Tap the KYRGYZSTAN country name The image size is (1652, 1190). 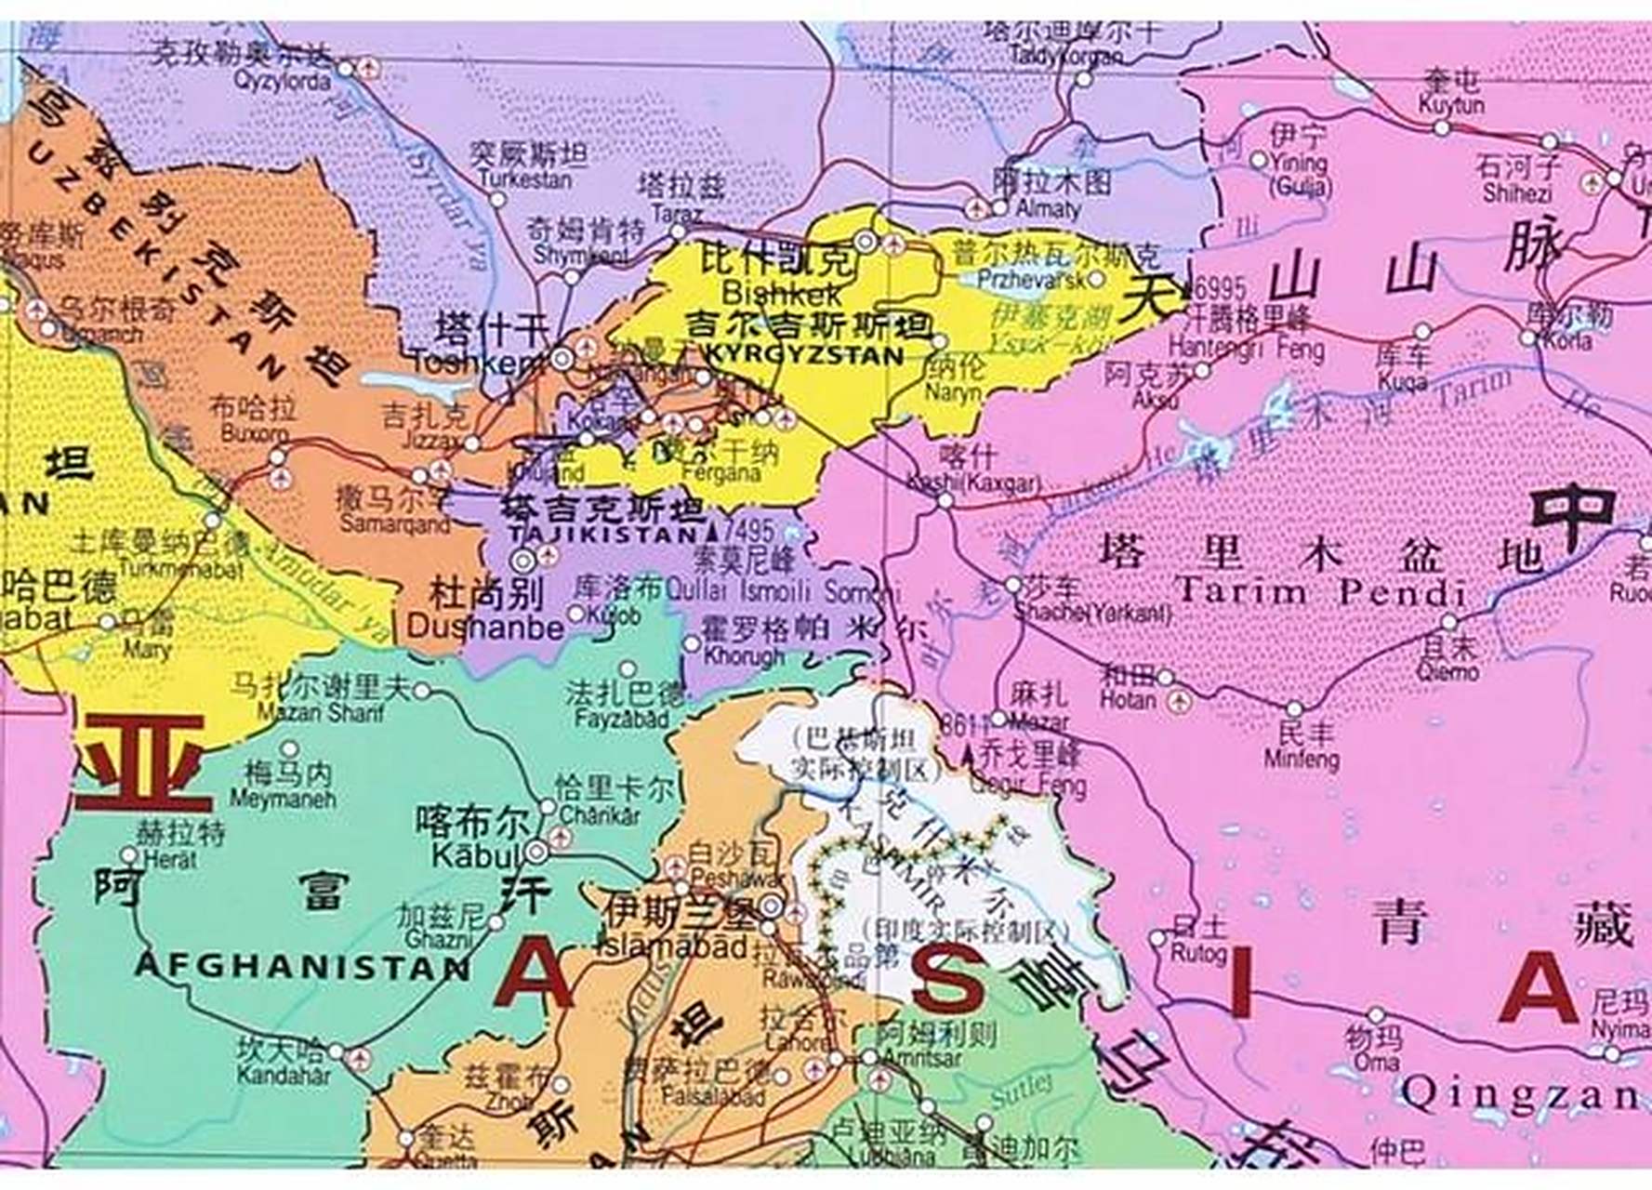click(x=804, y=354)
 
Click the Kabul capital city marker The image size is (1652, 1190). click(x=536, y=851)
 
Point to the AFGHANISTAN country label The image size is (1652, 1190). click(x=302, y=967)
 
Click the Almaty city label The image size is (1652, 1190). click(x=1049, y=209)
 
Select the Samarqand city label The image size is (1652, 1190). click(x=394, y=524)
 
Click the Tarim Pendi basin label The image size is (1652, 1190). click(x=1320, y=592)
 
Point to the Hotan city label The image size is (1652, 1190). click(x=1127, y=699)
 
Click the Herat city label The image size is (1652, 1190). click(x=169, y=859)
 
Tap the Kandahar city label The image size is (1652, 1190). click(x=283, y=1077)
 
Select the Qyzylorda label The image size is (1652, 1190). click(x=282, y=82)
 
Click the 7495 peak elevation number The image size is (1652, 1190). click(x=747, y=531)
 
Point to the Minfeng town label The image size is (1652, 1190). click(x=1302, y=760)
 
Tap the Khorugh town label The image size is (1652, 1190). click(x=744, y=656)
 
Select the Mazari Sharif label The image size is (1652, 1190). click(x=320, y=713)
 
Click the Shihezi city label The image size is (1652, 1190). click(x=1517, y=193)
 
